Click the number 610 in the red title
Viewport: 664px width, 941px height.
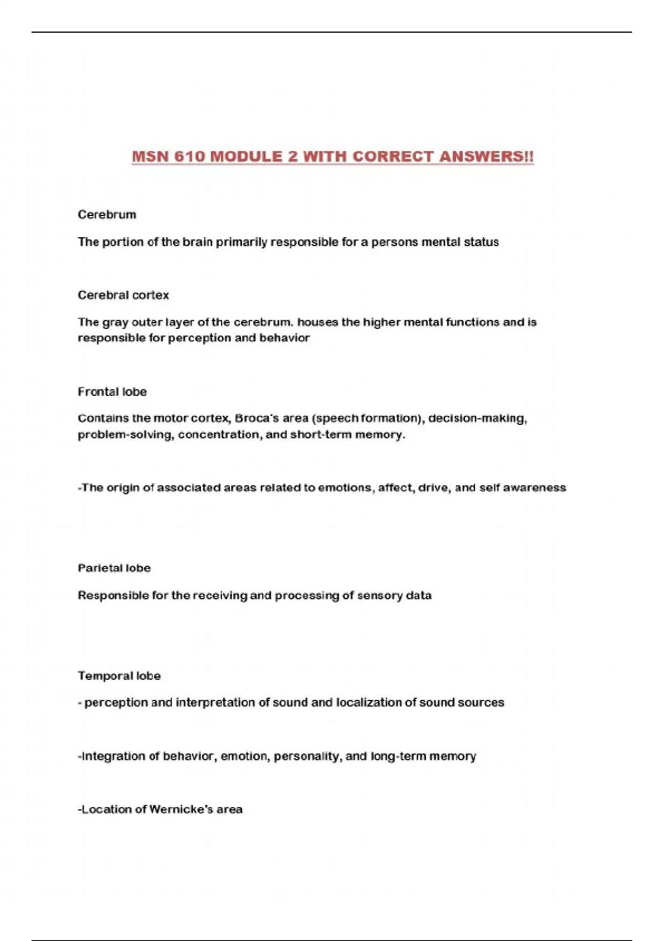(189, 157)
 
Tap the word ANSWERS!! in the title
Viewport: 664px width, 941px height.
(486, 157)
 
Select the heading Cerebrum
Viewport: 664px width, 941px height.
(107, 215)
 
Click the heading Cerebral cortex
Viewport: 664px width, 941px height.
(123, 295)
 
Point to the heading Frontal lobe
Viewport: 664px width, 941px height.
(112, 392)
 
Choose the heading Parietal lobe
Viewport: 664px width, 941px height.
(114, 568)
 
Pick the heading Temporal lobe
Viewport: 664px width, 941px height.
(119, 676)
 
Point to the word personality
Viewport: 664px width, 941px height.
(307, 756)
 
